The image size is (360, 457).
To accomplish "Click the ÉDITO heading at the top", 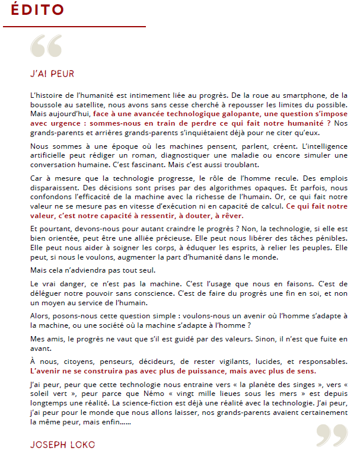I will (x=37, y=10).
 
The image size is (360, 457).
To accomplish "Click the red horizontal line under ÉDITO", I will (x=74, y=27).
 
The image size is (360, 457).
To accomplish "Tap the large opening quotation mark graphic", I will (x=46, y=47).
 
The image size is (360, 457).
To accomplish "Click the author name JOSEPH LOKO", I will (x=62, y=445).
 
